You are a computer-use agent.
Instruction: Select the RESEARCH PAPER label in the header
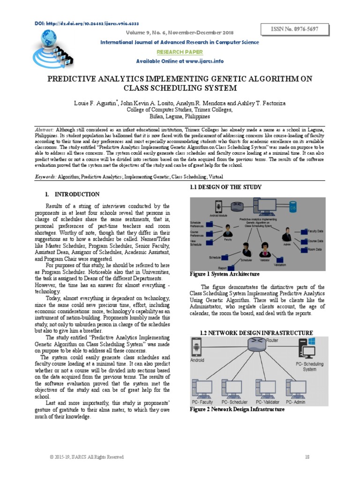pyautogui.click(x=180, y=52)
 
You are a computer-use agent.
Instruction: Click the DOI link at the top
pyautogui.click(x=87, y=23)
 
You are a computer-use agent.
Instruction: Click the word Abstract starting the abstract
pyautogui.click(x=45, y=128)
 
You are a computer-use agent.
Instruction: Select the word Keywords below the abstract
pyautogui.click(x=46, y=177)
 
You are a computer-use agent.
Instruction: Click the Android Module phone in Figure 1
pyautogui.click(x=218, y=206)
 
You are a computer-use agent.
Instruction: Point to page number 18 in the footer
pyautogui.click(x=307, y=457)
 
